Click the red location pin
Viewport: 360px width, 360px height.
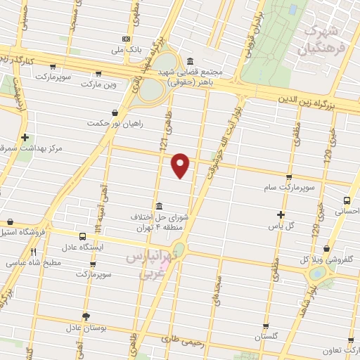tap(181, 165)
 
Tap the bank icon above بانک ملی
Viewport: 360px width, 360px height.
tap(126, 39)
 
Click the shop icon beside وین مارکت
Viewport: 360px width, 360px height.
tap(97, 73)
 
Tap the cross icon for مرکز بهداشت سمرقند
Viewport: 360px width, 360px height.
tap(25, 137)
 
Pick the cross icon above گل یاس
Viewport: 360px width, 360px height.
tap(281, 214)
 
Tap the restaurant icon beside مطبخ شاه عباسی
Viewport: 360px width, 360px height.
tap(33, 251)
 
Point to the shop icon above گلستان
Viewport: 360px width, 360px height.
tap(265, 326)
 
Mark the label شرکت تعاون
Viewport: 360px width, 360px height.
tap(340, 350)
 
